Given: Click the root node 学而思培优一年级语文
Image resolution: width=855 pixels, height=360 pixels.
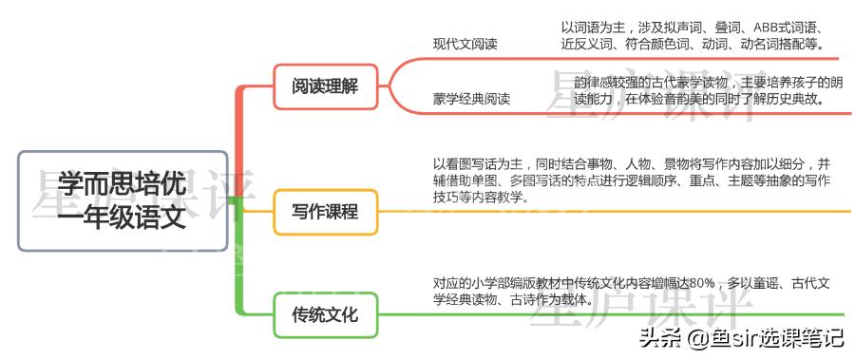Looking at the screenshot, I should coord(122,200).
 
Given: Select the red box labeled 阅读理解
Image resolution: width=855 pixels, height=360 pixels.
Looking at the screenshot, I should coord(325,85).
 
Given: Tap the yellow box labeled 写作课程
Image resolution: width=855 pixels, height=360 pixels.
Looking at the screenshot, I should coord(325,212).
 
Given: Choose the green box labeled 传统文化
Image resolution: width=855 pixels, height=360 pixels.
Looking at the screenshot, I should coord(325,314).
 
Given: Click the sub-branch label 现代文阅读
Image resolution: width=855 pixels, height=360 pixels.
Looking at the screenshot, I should coord(465,44).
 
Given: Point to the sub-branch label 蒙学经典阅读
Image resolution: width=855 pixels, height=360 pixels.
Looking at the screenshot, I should coord(471,98).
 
